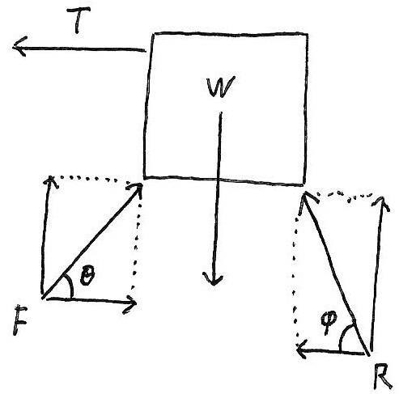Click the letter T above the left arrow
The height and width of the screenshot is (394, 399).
point(78,19)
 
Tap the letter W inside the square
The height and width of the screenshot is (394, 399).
point(220,87)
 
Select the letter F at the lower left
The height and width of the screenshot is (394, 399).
point(19,320)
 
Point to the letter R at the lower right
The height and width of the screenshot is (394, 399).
point(383,376)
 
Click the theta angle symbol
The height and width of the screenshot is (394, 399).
point(87,274)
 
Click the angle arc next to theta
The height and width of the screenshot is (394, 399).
point(70,285)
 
